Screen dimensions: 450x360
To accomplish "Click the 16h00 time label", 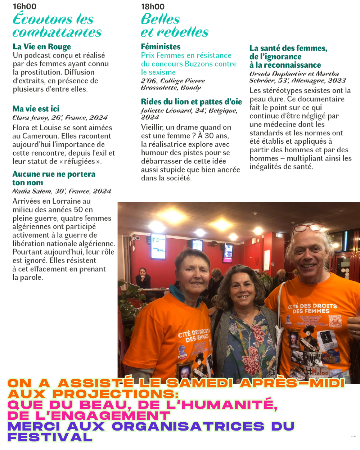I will pyautogui.click(x=24, y=6).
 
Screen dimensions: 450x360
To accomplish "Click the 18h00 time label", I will pyautogui.click(x=153, y=6).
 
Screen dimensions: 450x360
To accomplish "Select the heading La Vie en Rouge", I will pyautogui.click(x=42, y=47).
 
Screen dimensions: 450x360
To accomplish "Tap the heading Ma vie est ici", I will pyautogui.click(x=36, y=109).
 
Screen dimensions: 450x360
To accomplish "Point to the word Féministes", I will pyautogui.click(x=161, y=47).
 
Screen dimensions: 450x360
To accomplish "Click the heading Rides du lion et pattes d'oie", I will pyautogui.click(x=191, y=102).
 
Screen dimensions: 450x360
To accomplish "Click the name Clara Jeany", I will pyautogui.click(x=30, y=118).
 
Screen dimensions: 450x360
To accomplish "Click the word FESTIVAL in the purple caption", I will pyautogui.click(x=50, y=437).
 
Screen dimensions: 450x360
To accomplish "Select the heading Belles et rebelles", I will pyautogui.click(x=174, y=26).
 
